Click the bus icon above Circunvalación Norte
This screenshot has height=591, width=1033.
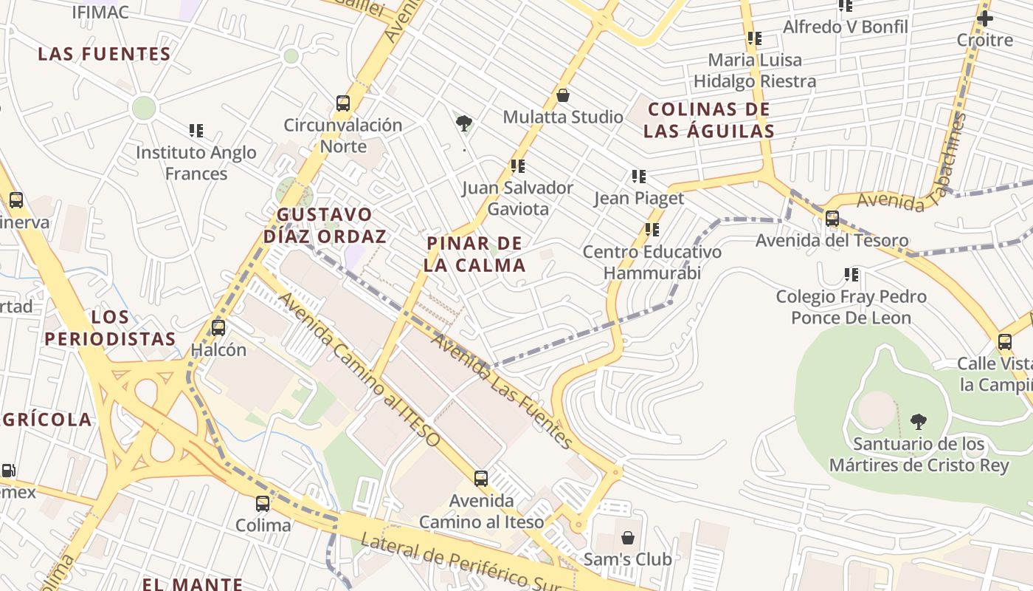pos(343,103)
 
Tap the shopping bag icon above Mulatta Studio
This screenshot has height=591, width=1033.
pos(563,95)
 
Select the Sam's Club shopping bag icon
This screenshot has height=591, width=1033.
pos(628,537)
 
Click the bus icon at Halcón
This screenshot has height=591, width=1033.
pos(218,327)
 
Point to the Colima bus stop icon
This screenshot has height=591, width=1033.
pos(263,504)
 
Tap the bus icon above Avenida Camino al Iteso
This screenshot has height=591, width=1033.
pos(481,479)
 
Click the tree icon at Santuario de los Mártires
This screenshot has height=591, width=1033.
pos(919,422)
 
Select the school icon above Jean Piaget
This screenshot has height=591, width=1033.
pos(639,177)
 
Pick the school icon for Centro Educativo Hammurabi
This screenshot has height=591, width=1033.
pos(652,230)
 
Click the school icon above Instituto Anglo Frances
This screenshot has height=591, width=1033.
pos(196,131)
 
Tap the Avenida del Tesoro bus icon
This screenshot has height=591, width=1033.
pos(832,219)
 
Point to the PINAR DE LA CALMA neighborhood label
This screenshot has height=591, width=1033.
pos(476,254)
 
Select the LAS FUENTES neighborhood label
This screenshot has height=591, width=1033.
pos(104,54)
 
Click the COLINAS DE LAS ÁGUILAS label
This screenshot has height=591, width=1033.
pos(708,120)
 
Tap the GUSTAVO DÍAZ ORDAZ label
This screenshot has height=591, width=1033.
pos(325,225)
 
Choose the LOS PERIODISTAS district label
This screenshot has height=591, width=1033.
pos(110,328)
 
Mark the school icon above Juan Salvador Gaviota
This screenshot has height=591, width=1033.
pos(518,166)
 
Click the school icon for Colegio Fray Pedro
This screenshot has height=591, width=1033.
pos(851,275)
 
